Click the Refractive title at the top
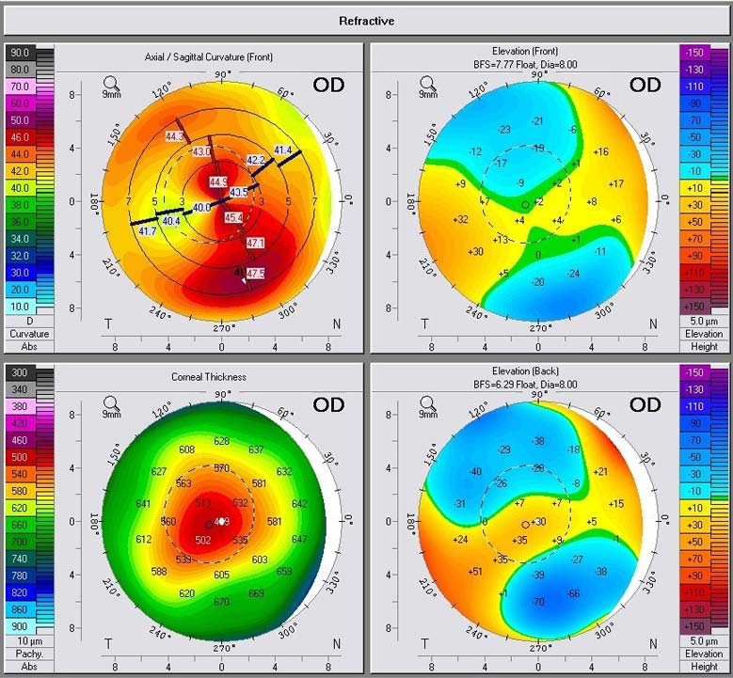pyautogui.click(x=366, y=21)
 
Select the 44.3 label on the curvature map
pyautogui.click(x=174, y=136)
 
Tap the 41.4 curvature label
pyautogui.click(x=283, y=150)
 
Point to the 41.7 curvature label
pyautogui.click(x=147, y=230)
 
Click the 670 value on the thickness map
pyautogui.click(x=221, y=602)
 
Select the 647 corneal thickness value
pyautogui.click(x=299, y=539)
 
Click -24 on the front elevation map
pyautogui.click(x=572, y=274)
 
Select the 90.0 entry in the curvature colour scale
pyautogui.click(x=19, y=53)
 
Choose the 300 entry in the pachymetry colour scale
pyautogui.click(x=19, y=373)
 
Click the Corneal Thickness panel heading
pyautogui.click(x=209, y=377)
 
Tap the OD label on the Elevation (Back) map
pyautogui.click(x=645, y=405)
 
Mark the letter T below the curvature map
pyautogui.click(x=108, y=323)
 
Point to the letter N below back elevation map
pyautogui.click(x=653, y=643)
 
